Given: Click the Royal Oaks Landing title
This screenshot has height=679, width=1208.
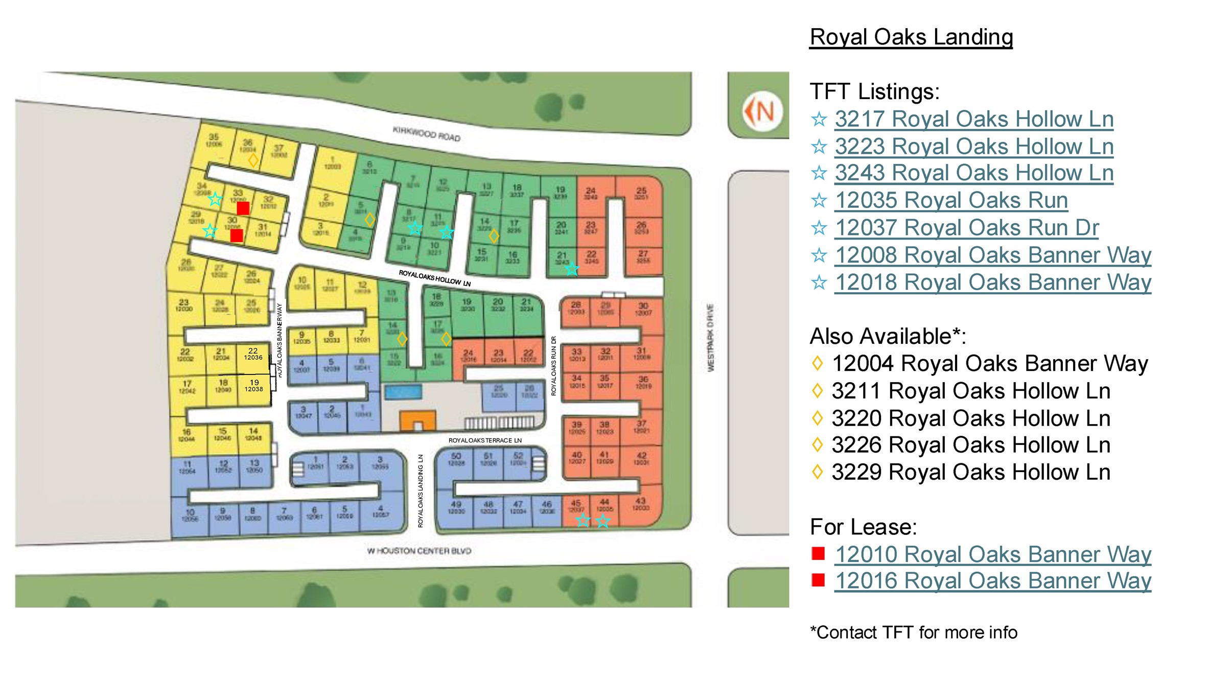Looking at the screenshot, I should coord(911,37).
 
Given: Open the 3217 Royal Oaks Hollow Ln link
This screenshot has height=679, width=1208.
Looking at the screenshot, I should coord(973,119).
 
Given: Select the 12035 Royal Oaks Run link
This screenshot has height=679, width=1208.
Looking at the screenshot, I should coord(951,200).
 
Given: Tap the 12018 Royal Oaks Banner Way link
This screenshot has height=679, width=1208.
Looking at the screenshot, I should coord(992,282).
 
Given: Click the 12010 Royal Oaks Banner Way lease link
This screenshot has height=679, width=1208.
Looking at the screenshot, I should coord(992,554).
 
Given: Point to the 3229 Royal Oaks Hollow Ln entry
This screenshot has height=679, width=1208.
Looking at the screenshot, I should coord(970,472).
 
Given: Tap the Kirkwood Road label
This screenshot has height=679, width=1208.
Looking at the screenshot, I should coord(426,134).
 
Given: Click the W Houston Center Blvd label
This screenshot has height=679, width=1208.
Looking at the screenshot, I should coord(419,551).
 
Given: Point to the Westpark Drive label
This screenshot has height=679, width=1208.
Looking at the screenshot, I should coord(710,337).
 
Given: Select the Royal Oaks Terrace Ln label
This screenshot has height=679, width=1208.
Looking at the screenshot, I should coord(485,440).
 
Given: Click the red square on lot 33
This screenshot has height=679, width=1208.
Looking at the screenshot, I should coord(243,208).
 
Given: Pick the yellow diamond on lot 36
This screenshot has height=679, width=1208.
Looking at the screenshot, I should coord(253,160).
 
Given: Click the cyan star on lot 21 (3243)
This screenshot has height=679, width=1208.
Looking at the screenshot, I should coord(572,269).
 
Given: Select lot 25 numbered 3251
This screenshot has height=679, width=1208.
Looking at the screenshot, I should coord(641,194).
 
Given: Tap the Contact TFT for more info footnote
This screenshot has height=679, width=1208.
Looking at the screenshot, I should coord(914,633).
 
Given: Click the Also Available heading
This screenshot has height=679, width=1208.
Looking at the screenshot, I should coord(888,337).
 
